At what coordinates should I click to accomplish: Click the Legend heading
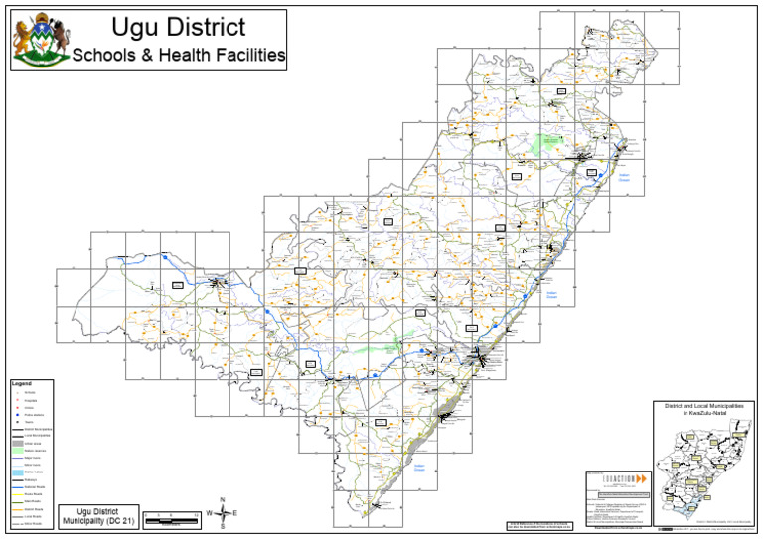pos(22,383)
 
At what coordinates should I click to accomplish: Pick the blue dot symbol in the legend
pos(17,415)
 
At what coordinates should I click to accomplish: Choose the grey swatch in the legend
pos(17,443)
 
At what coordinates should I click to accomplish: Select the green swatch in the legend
pos(17,451)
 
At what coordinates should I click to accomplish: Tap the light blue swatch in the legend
pos(17,472)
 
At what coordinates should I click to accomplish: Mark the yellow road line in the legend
pos(17,493)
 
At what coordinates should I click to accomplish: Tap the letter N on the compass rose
pos(222,499)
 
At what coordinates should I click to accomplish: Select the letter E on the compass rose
pos(235,513)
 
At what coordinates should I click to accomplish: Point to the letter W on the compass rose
pos(208,513)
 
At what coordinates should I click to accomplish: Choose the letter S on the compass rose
pos(222,527)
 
